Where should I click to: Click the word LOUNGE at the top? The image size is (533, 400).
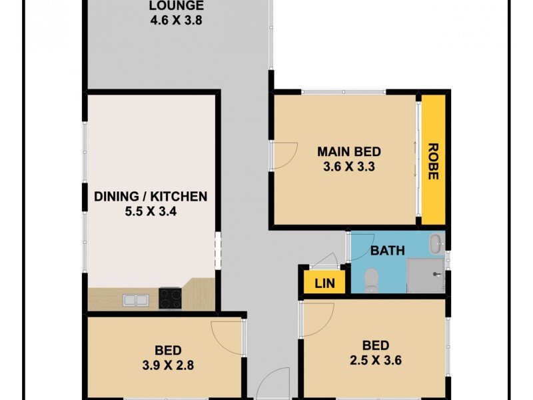click(176, 7)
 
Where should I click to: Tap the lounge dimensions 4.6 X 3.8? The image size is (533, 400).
click(176, 20)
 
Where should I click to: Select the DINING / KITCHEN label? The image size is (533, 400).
click(151, 197)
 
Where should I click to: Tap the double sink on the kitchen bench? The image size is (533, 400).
click(135, 301)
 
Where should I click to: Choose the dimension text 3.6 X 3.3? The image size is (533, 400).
click(346, 167)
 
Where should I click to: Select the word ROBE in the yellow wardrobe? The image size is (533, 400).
click(432, 162)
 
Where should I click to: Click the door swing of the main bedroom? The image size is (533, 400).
click(282, 155)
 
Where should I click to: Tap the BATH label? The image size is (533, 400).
click(387, 251)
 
